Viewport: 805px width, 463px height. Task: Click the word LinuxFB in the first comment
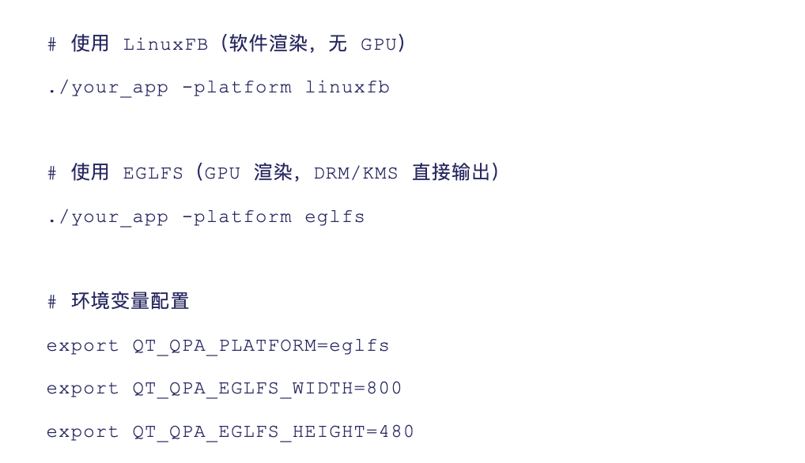pyautogui.click(x=165, y=45)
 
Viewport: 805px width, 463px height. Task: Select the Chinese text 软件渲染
pyautogui.click(x=268, y=44)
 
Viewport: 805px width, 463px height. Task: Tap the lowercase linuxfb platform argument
pyautogui.click(x=347, y=88)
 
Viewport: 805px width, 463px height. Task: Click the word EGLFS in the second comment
pyautogui.click(x=153, y=174)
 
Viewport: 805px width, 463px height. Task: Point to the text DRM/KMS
pyautogui.click(x=356, y=174)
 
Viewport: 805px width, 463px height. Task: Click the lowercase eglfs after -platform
pyautogui.click(x=335, y=217)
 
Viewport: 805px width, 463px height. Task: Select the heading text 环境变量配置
pyautogui.click(x=130, y=302)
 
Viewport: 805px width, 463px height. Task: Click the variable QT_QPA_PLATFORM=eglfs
pyautogui.click(x=261, y=346)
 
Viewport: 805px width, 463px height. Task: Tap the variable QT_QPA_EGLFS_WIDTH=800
pyautogui.click(x=267, y=389)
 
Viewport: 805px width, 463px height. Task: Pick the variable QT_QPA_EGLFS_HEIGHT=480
pyautogui.click(x=274, y=432)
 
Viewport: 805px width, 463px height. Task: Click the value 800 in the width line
pyautogui.click(x=384, y=389)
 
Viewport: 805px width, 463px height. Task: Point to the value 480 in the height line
pyautogui.click(x=397, y=432)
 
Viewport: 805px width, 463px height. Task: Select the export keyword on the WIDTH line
pyautogui.click(x=83, y=390)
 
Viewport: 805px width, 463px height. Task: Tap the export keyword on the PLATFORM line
pyautogui.click(x=83, y=347)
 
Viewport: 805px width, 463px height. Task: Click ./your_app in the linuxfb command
pyautogui.click(x=108, y=88)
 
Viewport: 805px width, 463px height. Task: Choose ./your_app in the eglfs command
pyautogui.click(x=108, y=217)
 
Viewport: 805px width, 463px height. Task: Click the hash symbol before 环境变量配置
pyautogui.click(x=52, y=303)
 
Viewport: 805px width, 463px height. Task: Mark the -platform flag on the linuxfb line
pyautogui.click(x=236, y=88)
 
